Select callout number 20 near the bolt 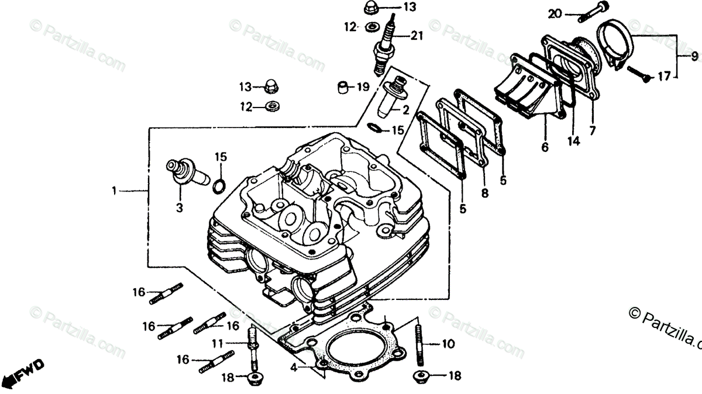tap(555, 13)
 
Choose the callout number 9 tap(694, 57)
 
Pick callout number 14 tap(573, 141)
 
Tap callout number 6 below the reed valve tap(545, 148)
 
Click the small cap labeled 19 tap(340, 88)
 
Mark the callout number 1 tap(115, 191)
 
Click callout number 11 tap(218, 343)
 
